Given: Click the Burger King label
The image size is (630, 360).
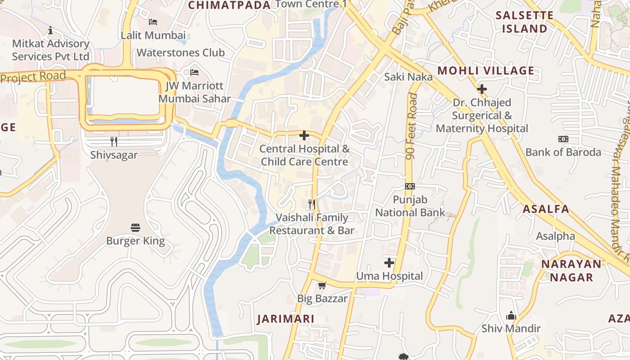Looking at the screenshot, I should (x=135, y=241).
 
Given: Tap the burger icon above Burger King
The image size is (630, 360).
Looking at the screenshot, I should (x=135, y=227).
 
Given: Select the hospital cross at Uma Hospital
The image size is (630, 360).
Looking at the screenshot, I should (x=389, y=262).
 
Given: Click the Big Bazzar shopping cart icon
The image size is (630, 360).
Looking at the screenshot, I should (x=322, y=285).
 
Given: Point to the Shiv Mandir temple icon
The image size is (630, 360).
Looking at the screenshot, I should (x=511, y=315).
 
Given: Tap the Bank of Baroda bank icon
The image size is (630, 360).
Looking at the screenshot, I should (x=563, y=139).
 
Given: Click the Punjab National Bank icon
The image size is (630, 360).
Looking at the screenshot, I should (x=410, y=186).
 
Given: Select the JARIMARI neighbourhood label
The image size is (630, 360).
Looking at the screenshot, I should (x=286, y=319).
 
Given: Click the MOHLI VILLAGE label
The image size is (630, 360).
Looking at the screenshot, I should (x=486, y=71).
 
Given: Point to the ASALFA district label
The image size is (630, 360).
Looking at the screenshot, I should (x=546, y=209).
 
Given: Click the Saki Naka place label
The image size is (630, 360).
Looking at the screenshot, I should (x=408, y=77).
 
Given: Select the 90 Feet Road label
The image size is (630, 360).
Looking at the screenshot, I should (x=410, y=126).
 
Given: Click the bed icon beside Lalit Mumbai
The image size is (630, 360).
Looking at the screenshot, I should (x=153, y=22).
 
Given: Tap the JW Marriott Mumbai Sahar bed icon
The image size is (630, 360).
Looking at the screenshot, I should (x=194, y=72).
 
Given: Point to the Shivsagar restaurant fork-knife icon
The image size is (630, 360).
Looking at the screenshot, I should (x=114, y=142).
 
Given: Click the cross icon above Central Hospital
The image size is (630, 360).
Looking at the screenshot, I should (x=304, y=135).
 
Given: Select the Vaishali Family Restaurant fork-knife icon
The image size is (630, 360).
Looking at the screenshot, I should (x=312, y=204).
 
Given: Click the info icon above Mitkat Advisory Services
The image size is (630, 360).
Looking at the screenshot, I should (x=50, y=30).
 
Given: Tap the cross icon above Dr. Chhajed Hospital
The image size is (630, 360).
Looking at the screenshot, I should (x=482, y=89).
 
